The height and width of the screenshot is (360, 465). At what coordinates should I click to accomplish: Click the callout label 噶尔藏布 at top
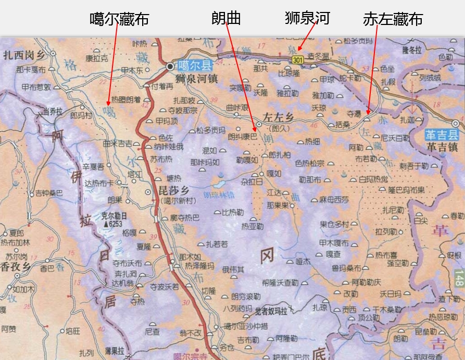[x=119, y=19]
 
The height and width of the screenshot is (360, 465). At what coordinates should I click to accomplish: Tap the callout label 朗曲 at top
[x=226, y=18]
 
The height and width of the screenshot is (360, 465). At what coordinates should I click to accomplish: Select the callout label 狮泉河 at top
[x=307, y=18]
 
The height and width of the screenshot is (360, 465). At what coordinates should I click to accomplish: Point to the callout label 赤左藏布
[x=393, y=19]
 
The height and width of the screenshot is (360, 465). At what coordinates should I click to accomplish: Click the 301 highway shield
[x=297, y=60]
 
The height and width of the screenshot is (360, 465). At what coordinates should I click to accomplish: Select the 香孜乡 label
[x=16, y=267]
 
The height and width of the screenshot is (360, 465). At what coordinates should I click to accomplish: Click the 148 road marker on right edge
[x=459, y=280]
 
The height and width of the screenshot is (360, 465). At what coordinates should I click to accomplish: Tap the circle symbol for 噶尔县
[x=170, y=67]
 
